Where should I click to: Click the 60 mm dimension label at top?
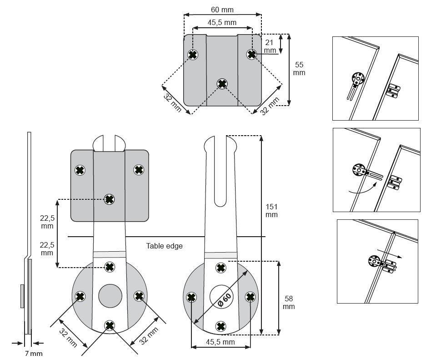pos(222,9)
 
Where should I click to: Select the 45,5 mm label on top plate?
pos(222,22)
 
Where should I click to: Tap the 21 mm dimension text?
pos(270,46)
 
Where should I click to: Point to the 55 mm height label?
pos(299,69)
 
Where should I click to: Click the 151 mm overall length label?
pos(271,211)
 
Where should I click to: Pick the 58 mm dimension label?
pos(288,303)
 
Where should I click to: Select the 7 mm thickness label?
pos(33,353)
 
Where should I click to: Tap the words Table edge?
pos(164,246)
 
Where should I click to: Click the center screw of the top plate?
pos(222,84)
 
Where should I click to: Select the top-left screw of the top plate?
pos(193,55)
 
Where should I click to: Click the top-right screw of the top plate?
pos(251,54)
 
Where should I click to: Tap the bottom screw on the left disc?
pos(110,325)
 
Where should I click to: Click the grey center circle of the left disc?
pos(110,296)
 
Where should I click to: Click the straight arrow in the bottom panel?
pos(389,254)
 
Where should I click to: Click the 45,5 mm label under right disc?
pos(220,341)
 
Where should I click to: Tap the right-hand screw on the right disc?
pos(250,297)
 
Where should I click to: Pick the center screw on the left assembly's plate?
pos(109,199)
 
